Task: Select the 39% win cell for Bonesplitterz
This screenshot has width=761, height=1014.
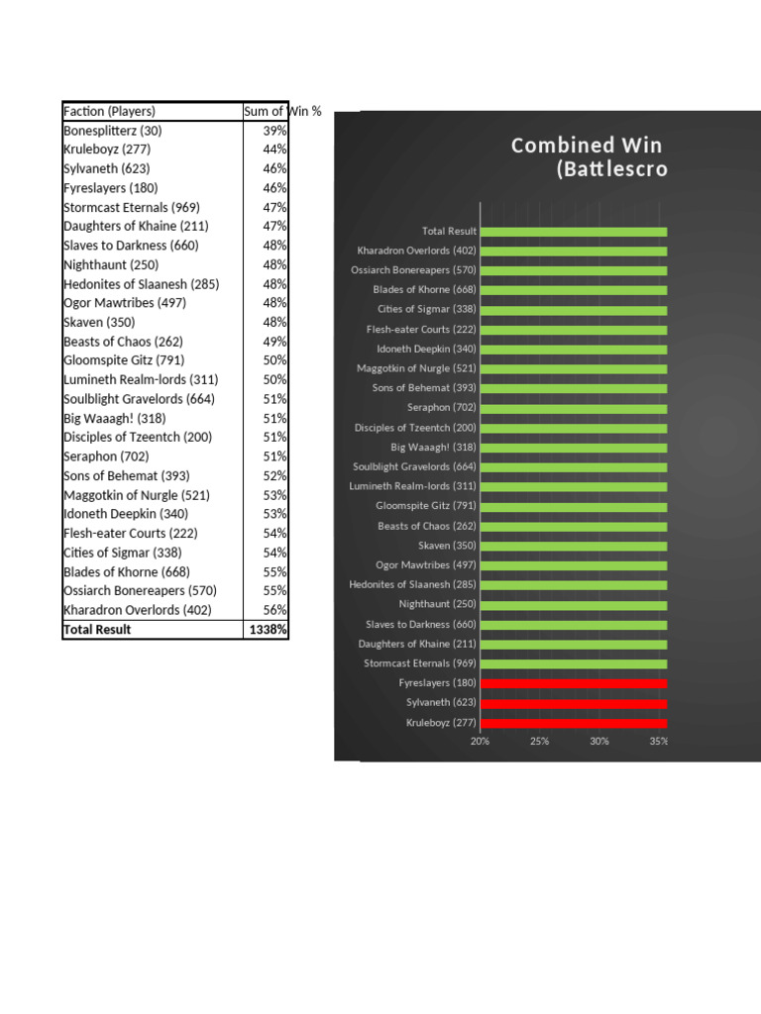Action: (x=274, y=131)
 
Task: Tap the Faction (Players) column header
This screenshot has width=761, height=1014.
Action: (x=110, y=111)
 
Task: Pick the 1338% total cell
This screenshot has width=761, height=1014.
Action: (x=268, y=630)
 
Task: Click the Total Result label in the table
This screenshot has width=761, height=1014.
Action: (x=97, y=630)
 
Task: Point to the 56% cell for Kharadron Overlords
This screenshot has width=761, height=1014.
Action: (x=274, y=610)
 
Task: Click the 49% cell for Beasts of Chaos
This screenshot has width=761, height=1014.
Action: (x=274, y=342)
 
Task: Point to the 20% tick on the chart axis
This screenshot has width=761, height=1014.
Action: (x=480, y=741)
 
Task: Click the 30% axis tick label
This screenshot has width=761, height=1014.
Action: (x=598, y=741)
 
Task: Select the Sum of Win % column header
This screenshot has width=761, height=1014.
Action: (x=281, y=111)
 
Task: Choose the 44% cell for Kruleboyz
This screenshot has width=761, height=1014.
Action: (x=274, y=150)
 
